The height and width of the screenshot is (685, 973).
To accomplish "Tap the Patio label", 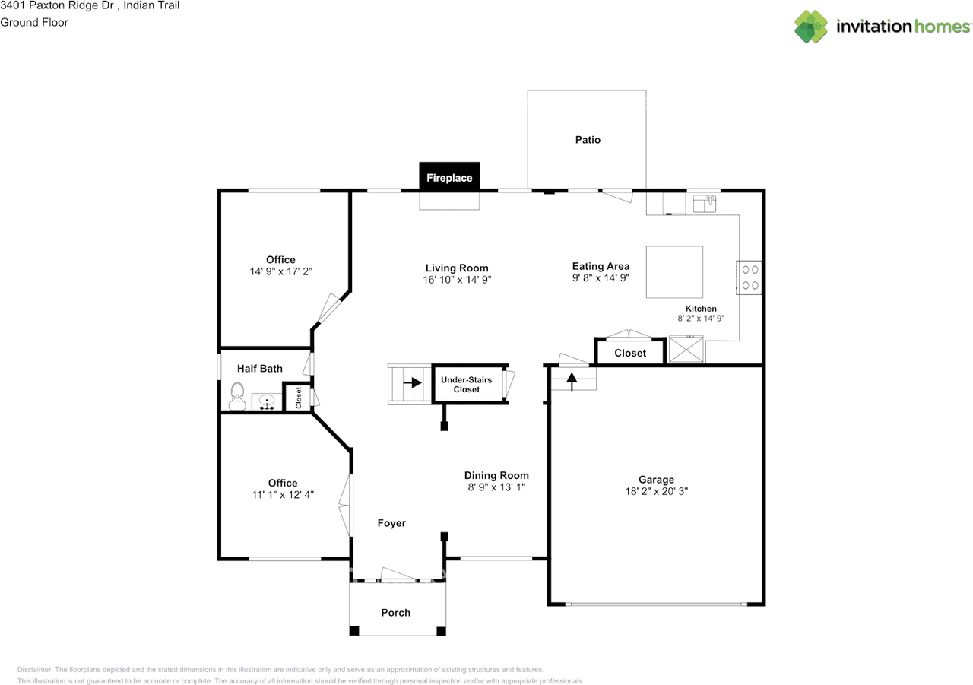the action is (588, 140).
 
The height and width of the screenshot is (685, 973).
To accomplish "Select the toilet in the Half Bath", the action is (237, 396).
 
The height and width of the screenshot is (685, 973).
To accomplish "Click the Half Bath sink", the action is (266, 401).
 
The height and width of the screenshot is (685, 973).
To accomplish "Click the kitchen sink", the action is (704, 203).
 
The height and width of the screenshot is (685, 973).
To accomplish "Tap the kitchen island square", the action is (674, 272).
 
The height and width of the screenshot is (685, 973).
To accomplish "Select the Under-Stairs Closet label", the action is (467, 385).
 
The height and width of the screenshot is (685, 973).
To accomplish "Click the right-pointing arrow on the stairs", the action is (412, 382).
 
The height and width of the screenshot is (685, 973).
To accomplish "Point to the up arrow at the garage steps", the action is (572, 382).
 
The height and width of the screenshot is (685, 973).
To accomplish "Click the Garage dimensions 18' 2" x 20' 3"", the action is (656, 491).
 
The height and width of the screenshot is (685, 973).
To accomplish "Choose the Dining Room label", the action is (496, 475).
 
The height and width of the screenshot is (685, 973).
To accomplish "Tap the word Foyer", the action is (391, 523).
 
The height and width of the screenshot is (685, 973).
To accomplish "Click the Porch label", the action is (396, 613).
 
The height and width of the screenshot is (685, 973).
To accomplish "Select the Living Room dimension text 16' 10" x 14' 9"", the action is (457, 280).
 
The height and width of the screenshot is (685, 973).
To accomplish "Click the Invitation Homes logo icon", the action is (811, 27).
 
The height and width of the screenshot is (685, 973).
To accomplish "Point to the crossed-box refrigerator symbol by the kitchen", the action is (686, 349).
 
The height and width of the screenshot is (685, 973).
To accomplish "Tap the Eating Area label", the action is (601, 266).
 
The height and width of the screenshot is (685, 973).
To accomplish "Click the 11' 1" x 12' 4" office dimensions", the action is (283, 495).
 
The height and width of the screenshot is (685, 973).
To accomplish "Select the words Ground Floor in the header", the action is (34, 22).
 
